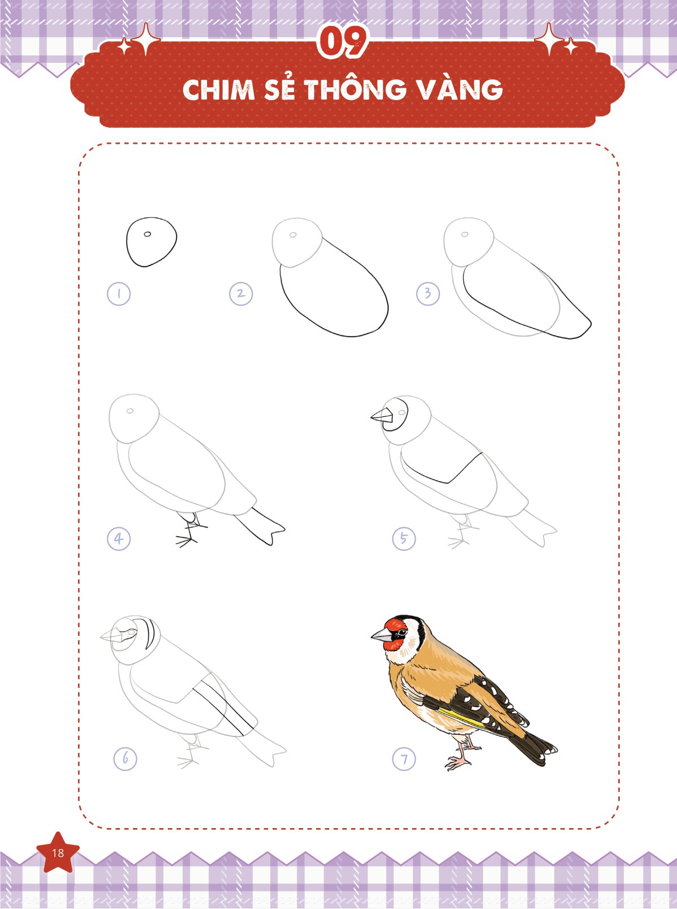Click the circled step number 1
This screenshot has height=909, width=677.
point(119,294)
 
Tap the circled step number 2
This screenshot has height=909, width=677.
point(241,294)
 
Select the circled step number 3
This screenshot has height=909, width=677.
point(428,294)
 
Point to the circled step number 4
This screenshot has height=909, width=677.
point(119,538)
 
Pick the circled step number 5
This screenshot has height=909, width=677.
point(404,538)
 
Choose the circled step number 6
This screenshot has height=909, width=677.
point(125,759)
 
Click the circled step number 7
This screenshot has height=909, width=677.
point(404,759)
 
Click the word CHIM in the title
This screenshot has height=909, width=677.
point(219,90)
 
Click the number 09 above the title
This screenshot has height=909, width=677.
point(342,41)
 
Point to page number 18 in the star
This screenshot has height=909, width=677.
point(58,853)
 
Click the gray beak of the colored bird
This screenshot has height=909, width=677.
point(382,635)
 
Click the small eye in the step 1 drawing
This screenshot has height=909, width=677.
point(147,234)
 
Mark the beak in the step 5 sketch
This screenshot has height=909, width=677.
point(382,416)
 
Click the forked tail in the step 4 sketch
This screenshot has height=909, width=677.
point(260,527)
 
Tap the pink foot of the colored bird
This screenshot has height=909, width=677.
point(458,762)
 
